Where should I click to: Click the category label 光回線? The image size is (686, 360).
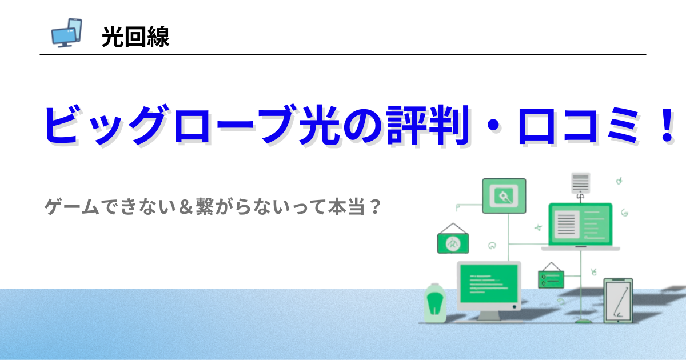pyautogui.click(x=135, y=38)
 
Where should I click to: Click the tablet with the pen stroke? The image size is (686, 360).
pyautogui.click(x=618, y=301)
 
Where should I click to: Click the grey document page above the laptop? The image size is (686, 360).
pyautogui.click(x=580, y=183)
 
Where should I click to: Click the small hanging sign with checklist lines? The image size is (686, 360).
pyautogui.click(x=551, y=278)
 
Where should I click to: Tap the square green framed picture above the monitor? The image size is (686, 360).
pyautogui.click(x=504, y=196)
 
